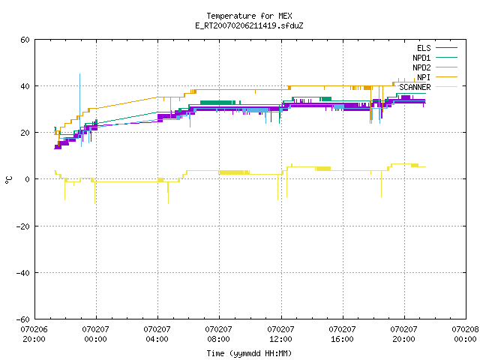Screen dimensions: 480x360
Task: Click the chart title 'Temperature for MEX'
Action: (249, 16)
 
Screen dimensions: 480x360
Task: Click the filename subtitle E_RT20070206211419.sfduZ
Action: (249, 25)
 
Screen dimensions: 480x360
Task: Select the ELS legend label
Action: (424, 48)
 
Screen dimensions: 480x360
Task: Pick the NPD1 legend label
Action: (421, 58)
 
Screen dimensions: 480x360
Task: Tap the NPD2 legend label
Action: (421, 67)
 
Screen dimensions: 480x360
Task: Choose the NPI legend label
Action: (424, 77)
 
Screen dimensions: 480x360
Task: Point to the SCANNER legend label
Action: (415, 87)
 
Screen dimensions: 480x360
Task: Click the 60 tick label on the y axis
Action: (25, 40)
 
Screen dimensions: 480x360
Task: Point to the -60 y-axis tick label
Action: (23, 319)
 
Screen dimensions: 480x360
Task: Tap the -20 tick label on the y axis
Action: (23, 226)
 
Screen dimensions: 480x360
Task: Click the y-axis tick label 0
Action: (28, 179)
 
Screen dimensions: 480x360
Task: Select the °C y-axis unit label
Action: (8, 180)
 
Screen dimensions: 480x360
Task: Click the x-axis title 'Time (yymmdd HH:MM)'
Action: (249, 353)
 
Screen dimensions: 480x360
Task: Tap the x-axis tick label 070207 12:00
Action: (280, 334)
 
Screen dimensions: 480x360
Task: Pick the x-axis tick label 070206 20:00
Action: (34, 334)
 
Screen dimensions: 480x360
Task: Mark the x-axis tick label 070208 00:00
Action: (465, 334)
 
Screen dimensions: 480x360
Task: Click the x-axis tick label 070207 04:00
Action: (157, 334)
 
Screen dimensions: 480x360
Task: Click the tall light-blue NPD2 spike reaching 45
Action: (80, 101)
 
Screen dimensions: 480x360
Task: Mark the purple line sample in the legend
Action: (446, 48)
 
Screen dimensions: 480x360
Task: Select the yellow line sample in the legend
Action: (446, 87)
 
